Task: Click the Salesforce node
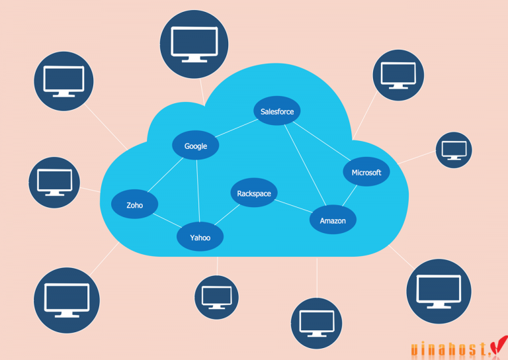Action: [277, 111]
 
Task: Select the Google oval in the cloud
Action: [196, 146]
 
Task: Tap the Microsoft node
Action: [366, 172]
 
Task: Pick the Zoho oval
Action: [134, 205]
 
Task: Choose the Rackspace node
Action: [254, 193]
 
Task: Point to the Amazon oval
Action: [333, 220]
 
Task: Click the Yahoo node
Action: [200, 237]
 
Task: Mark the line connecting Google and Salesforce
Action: [236, 128]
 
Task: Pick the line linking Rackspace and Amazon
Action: [294, 207]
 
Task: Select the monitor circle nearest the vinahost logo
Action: [439, 291]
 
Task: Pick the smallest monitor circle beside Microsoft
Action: [454, 150]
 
